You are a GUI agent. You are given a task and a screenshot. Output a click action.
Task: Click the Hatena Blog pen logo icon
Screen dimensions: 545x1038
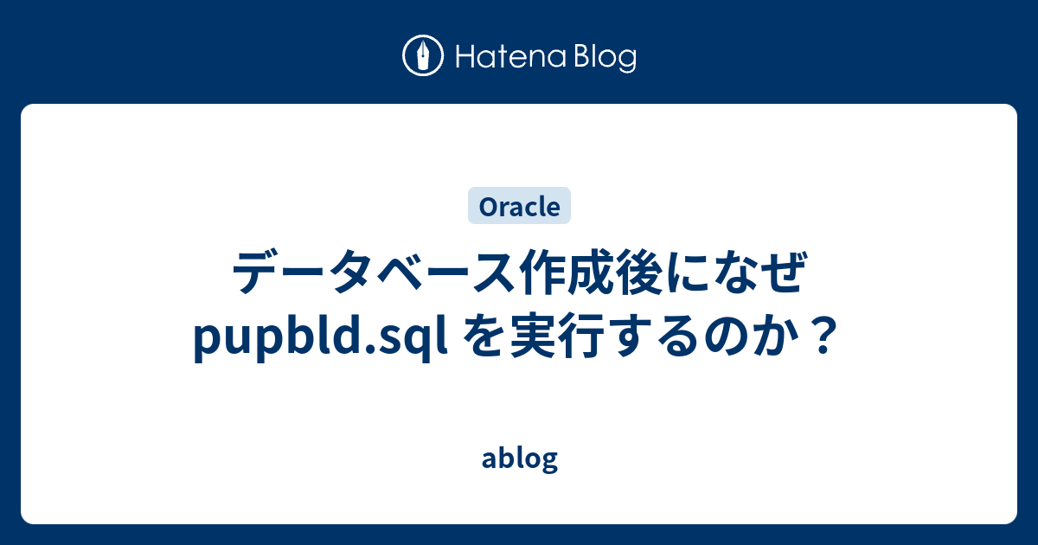coord(423,56)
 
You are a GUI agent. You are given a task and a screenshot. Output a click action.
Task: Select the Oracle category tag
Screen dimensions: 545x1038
coord(519,207)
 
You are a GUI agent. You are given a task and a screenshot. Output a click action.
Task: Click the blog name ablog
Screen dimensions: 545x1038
coord(519,459)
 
